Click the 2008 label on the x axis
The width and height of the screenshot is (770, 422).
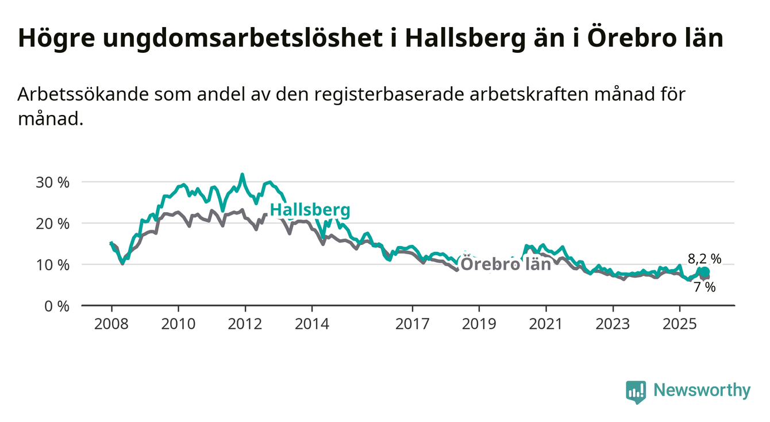point(111,324)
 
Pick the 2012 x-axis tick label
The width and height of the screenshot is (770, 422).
point(245,324)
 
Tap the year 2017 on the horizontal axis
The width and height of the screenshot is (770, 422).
point(413,324)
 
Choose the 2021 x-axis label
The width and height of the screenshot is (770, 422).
point(546,324)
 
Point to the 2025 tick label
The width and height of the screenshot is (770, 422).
point(680,324)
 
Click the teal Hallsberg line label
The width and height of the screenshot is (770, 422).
point(310,210)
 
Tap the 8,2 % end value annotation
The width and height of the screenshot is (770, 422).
point(704,259)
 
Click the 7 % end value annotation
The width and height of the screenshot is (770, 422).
point(704,287)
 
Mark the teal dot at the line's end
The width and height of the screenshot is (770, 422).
point(705,272)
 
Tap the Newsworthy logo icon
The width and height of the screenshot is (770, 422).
point(636,392)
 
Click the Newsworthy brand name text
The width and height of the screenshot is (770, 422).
point(702,391)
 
